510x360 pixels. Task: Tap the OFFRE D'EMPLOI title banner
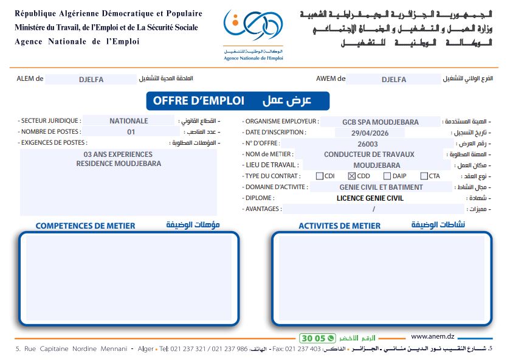click(x=238, y=101)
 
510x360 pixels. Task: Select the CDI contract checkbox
click(x=320, y=176)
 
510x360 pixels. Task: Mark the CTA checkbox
click(x=424, y=176)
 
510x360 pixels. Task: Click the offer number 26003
click(x=368, y=144)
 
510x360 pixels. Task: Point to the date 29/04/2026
click(x=370, y=133)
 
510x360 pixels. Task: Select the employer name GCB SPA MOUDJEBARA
click(x=380, y=122)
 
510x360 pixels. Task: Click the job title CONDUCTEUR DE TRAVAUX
click(x=369, y=154)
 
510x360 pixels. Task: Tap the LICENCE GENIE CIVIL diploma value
click(x=370, y=198)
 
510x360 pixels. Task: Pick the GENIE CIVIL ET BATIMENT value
click(x=381, y=187)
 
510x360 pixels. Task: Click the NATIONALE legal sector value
click(x=128, y=121)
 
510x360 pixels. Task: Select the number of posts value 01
click(x=131, y=132)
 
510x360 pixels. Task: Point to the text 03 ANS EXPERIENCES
click(x=118, y=154)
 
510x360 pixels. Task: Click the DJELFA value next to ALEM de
click(x=92, y=79)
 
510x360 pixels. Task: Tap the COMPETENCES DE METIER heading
click(x=86, y=226)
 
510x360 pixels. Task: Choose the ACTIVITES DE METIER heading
click(x=339, y=226)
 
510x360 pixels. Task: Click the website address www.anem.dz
click(x=433, y=336)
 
